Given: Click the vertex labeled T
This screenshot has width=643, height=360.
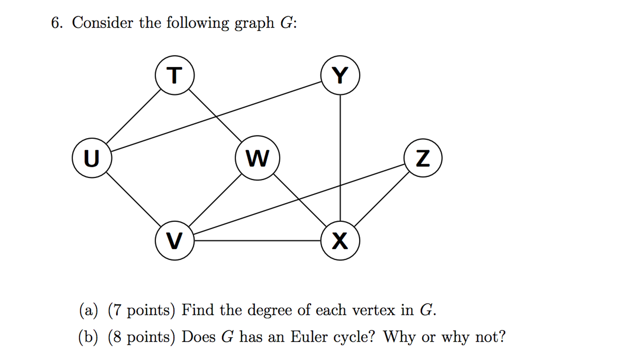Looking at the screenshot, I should (175, 75).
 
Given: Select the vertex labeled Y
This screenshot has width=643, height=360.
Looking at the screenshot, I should (340, 75).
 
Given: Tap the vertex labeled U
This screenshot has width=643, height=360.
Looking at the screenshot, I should (92, 158).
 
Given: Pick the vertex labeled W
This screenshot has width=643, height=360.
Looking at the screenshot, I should (257, 158).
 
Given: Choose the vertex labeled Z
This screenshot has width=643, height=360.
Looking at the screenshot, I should (423, 158).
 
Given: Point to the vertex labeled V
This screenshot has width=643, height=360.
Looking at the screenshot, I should (175, 241).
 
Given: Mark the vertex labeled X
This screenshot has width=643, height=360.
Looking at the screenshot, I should (340, 241).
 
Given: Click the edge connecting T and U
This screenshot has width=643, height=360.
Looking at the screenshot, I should (134, 117).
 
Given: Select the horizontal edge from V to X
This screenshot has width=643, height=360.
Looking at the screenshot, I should (258, 241).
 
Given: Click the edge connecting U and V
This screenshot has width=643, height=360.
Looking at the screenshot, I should (133, 199).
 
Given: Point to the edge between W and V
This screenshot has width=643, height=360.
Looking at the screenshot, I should (215, 200).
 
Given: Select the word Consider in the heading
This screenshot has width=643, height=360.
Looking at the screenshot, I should (102, 23).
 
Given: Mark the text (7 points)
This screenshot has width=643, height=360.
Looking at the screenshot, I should (141, 310).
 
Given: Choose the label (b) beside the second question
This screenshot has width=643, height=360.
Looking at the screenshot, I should (88, 337).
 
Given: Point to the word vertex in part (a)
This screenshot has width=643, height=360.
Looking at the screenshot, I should (373, 310).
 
